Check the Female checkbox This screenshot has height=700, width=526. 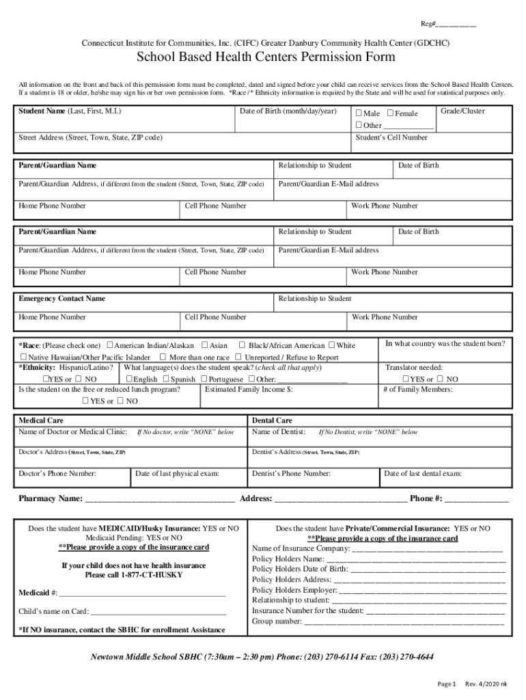coord(390,113)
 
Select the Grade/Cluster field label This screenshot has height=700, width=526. coord(462,111)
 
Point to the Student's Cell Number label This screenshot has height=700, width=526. coord(391,137)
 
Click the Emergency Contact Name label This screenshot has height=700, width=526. coord(61,299)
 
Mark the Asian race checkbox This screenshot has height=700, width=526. coord(204,345)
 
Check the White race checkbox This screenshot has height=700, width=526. coord(332,345)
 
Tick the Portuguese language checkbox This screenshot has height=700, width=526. coord(203,379)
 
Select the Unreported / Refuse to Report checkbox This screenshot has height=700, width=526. coord(238,357)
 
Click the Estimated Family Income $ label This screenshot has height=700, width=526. coord(249,389)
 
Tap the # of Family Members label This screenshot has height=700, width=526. coord(417,389)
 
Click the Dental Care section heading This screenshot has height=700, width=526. coord(272,420)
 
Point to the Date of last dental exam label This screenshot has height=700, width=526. coord(423,473)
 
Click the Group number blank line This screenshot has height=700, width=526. coord(404,622)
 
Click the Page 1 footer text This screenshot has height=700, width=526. coord(446,684)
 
